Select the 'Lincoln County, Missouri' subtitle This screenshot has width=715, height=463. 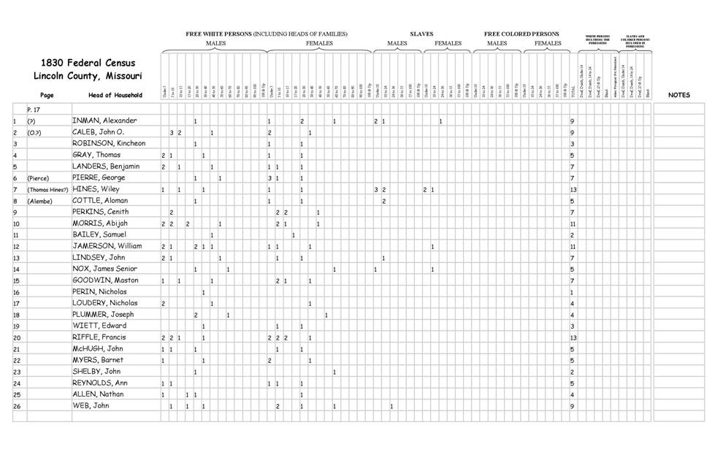coord(87,76)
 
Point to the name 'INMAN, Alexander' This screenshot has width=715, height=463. coord(104,120)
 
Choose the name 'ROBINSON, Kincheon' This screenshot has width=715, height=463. coord(109,143)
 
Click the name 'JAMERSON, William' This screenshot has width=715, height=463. coord(107,246)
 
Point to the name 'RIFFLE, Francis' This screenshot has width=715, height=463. coord(99,337)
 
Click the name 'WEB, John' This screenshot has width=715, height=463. coord(91,406)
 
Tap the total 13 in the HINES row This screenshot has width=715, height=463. coord(573,189)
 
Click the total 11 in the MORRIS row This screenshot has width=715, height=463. coord(573,223)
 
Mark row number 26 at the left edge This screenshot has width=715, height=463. coord(16,406)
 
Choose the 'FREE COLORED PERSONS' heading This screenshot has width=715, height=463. coord(521,34)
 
